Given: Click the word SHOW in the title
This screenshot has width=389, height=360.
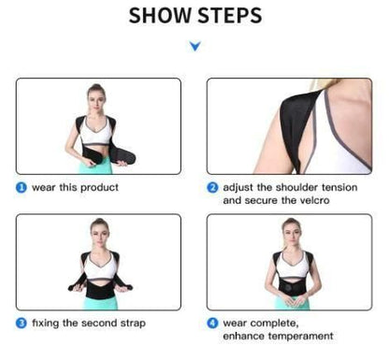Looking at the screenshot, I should [158, 16].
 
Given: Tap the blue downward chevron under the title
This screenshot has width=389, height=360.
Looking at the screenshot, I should [194, 45].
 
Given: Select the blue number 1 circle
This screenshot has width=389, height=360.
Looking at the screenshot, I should [21, 187].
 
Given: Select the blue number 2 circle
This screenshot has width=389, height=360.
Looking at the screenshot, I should [213, 187].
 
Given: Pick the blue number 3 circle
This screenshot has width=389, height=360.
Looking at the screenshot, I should [21, 323].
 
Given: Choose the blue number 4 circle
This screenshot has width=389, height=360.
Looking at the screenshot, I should [213, 323].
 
